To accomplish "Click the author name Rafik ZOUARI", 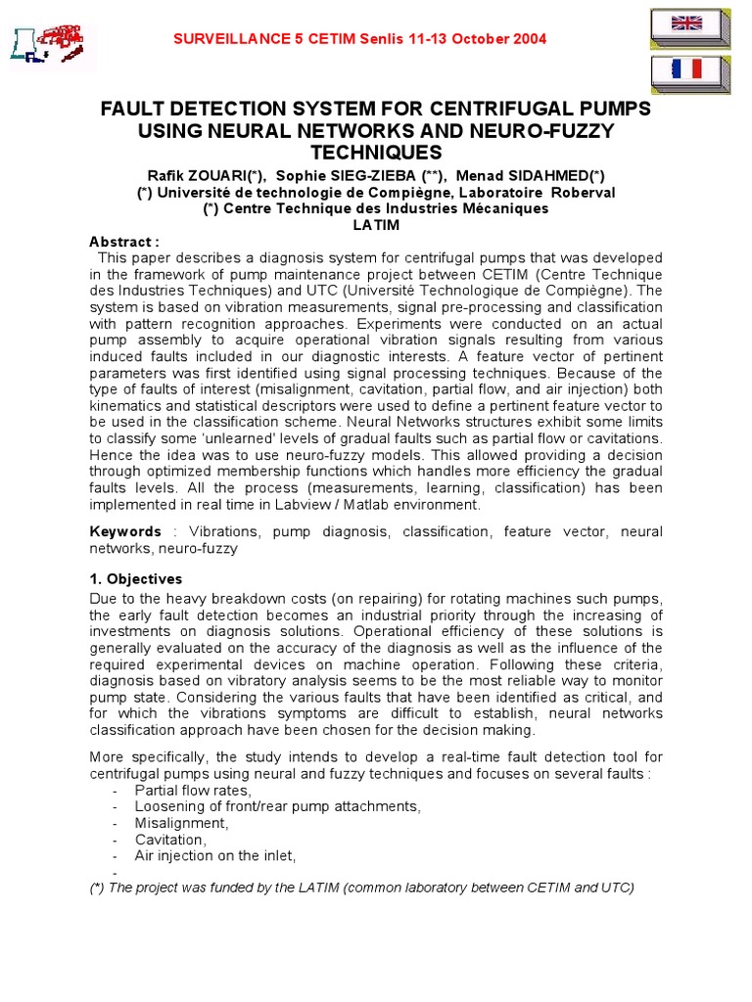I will pos(209,174).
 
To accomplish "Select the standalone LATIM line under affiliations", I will pos(375,224).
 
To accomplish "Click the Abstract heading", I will pos(123,242).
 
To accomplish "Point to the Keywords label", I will pos(125,531).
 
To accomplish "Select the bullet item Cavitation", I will pos(170,840).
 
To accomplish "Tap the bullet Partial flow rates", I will pos(193,790).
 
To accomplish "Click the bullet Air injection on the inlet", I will pos(214,855).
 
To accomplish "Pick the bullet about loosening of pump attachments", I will pos(277,806).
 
